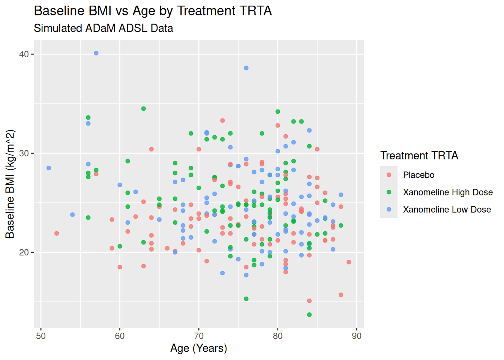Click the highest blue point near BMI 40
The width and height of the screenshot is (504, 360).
[96, 53]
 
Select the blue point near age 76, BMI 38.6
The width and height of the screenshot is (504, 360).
[246, 68]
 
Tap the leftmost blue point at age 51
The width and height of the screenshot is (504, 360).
[49, 168]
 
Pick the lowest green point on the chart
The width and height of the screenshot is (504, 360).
[309, 315]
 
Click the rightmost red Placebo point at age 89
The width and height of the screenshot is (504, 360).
[349, 262]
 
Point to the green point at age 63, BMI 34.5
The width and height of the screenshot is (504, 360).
[144, 109]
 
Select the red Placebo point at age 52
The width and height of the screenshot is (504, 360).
[57, 233]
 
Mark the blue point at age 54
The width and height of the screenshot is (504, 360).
[72, 214]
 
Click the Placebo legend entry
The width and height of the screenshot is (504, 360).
[418, 175]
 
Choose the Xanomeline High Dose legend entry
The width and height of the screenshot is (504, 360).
[448, 192]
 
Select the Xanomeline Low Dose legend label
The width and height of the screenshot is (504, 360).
[447, 210]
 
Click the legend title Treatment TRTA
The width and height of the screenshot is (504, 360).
[419, 156]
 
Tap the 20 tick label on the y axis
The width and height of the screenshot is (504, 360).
[24, 252]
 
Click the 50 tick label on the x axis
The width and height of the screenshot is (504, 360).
[41, 336]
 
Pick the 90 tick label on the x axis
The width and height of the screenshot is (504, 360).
[357, 336]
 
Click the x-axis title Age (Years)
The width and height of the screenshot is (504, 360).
[199, 348]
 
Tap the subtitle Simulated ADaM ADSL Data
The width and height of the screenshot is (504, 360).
[103, 28]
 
